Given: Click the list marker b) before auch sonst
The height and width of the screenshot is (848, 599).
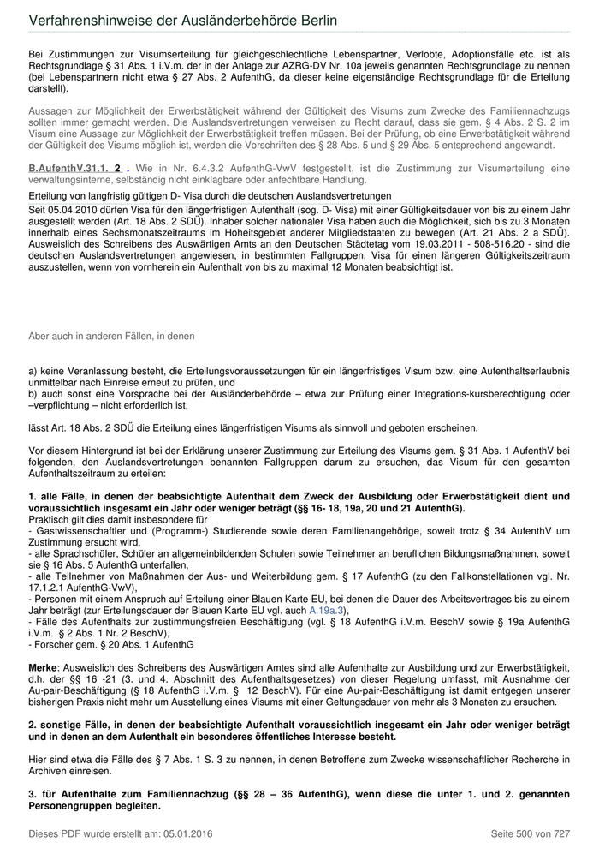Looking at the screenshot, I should [33, 394].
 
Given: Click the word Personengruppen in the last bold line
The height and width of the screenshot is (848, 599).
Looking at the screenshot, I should [69, 806].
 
